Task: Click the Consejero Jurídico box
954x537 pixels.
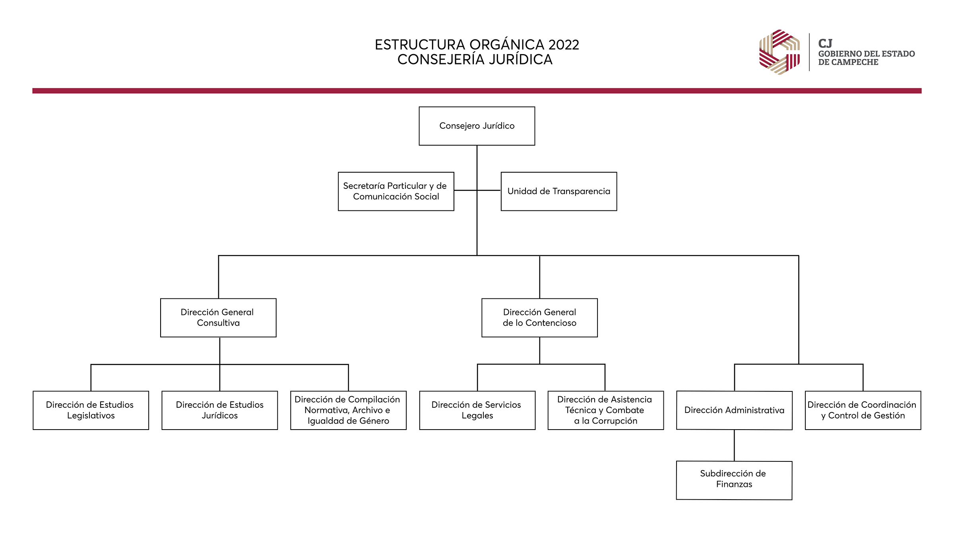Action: coord(477,126)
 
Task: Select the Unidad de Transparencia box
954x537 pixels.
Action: coord(559,191)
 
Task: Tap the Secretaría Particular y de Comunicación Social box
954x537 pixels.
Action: coord(396,191)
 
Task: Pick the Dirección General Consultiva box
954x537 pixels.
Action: coord(218,318)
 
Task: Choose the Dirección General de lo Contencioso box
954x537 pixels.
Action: coord(539,318)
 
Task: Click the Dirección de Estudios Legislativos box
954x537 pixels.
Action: coord(91,410)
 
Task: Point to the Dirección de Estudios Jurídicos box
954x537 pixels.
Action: coord(220,410)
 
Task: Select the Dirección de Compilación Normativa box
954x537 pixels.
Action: coord(349,410)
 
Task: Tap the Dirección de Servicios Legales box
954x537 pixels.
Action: coord(477,410)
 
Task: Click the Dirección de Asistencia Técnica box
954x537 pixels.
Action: coord(606,410)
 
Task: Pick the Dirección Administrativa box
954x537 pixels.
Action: coord(735,410)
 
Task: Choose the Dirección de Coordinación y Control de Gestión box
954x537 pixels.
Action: coord(863,410)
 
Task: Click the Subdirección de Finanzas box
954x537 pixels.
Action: coord(734,480)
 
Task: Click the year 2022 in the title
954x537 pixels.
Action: coord(563,45)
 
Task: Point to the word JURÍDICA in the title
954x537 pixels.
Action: coord(520,59)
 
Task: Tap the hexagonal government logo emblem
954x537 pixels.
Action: coord(779,52)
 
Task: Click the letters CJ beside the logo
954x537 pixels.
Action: coord(825,43)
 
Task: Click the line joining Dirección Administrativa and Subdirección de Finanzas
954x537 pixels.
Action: coord(734,446)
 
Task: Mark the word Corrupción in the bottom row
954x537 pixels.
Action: coord(615,421)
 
